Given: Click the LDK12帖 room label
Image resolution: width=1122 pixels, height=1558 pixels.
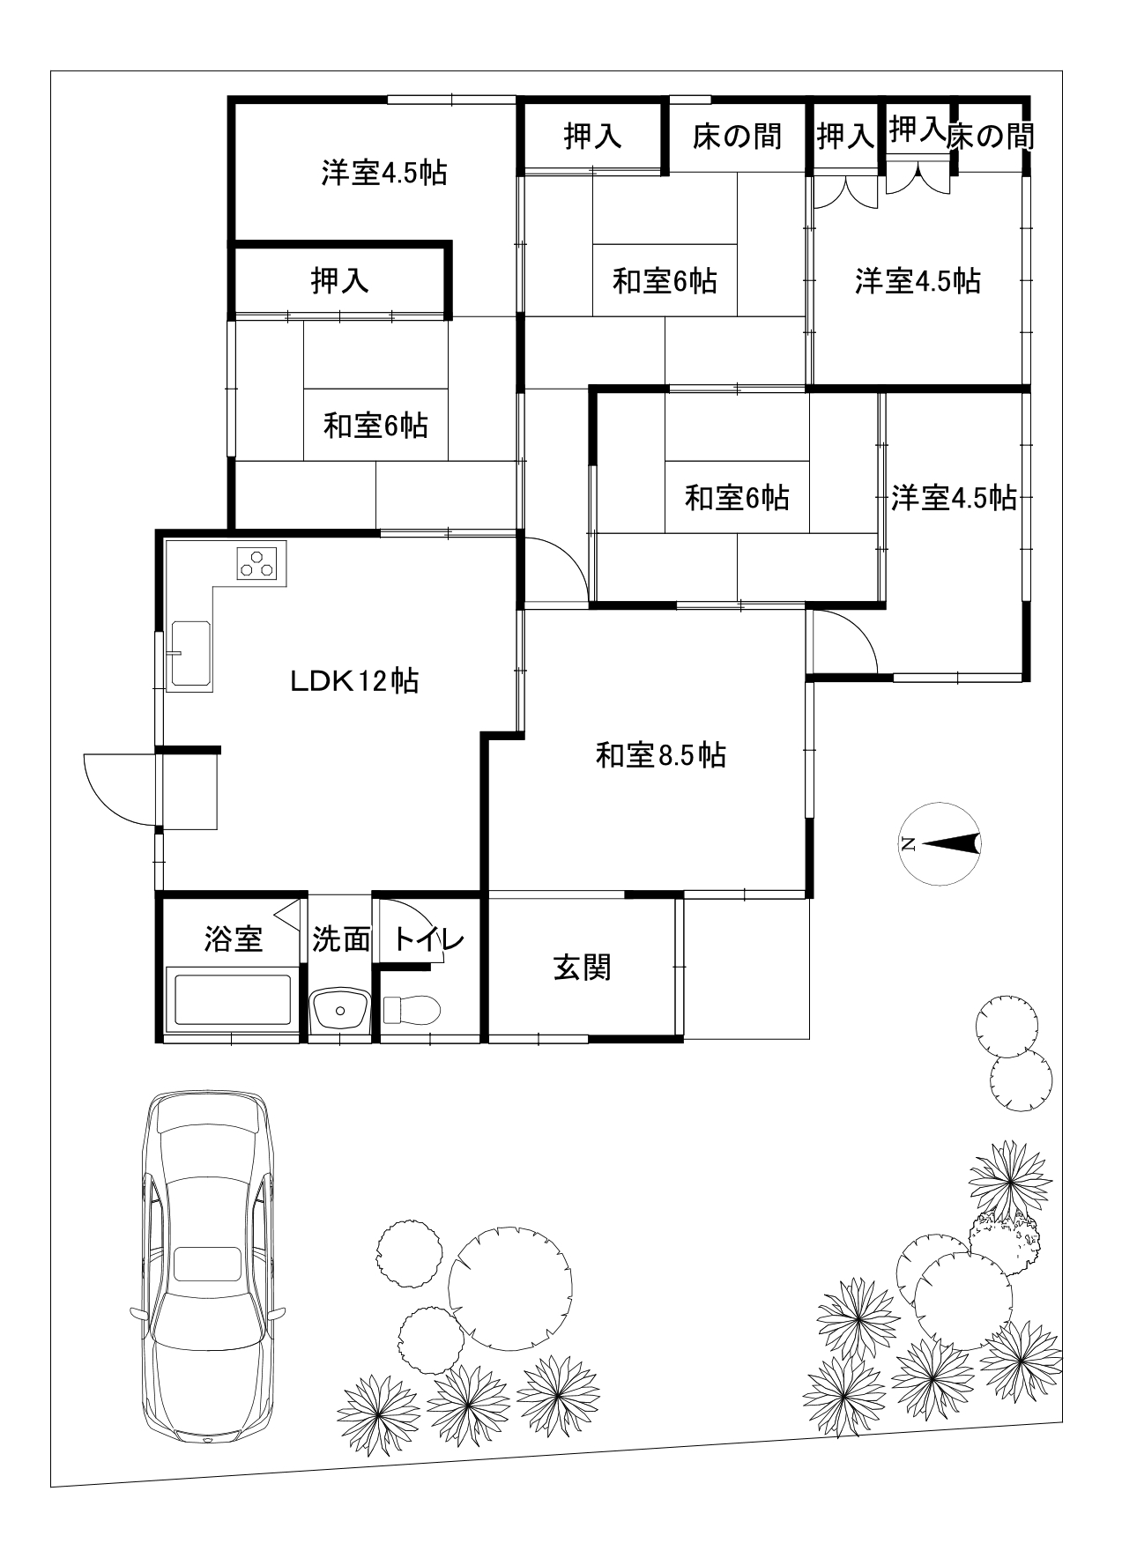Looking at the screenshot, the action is [x=354, y=680].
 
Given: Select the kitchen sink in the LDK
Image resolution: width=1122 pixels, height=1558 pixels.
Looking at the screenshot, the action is [x=189, y=653].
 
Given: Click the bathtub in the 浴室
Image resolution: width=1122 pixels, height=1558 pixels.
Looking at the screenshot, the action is [x=233, y=999].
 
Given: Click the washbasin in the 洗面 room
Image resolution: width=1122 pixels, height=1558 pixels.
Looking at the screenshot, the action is [x=340, y=1008].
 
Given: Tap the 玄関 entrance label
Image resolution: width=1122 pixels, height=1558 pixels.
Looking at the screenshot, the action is [x=583, y=968].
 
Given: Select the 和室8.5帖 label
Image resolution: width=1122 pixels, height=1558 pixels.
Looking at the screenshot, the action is [x=661, y=755].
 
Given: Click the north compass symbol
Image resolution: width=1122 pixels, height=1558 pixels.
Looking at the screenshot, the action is [x=940, y=843].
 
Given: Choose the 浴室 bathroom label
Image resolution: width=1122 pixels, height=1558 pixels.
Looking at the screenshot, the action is [x=234, y=939].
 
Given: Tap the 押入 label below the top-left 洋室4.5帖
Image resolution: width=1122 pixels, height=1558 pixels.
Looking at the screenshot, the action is [x=339, y=280].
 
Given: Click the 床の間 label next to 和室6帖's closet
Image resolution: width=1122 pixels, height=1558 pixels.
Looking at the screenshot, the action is [x=737, y=136].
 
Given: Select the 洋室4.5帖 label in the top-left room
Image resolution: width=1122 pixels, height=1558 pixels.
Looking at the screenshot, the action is [x=383, y=172].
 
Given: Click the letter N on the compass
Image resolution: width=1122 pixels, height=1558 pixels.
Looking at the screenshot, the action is [x=908, y=844].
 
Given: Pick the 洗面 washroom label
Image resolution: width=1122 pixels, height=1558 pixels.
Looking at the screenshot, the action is [x=341, y=939].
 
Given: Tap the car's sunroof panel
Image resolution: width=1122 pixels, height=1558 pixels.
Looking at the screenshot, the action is [x=207, y=1264].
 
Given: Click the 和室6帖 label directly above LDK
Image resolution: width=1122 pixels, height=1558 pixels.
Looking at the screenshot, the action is [x=376, y=426].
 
